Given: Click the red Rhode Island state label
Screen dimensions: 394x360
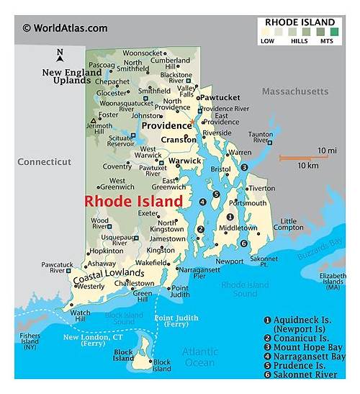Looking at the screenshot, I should tap(133, 202).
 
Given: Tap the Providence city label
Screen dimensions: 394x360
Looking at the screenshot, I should tap(166, 125).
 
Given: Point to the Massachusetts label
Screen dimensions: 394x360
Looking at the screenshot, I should tap(294, 91).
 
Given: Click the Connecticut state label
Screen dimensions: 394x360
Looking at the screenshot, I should tap(45, 162).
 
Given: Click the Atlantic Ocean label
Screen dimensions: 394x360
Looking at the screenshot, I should tap(199, 357).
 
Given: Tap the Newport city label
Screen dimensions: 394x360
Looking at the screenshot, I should tap(230, 261).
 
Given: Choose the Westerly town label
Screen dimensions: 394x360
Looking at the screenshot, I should tap(90, 286).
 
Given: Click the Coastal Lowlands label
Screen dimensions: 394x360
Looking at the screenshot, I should tap(107, 274).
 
